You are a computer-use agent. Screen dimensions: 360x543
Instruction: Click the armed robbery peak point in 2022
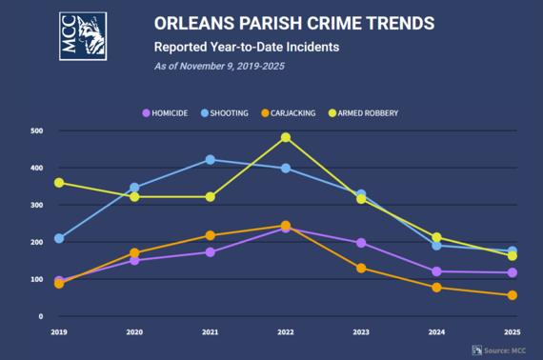[285, 137]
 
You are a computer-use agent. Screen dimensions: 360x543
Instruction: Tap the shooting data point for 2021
[210, 160]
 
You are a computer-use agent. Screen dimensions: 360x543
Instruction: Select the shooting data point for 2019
[59, 238]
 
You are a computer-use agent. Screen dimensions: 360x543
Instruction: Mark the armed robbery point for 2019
[59, 183]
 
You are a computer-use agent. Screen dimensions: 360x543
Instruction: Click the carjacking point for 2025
[513, 295]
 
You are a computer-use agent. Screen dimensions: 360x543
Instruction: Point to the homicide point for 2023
[360, 243]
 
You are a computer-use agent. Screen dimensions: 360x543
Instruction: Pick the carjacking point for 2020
[134, 253]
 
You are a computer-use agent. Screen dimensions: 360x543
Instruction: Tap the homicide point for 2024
[436, 271]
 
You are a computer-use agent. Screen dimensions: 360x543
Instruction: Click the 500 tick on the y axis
[36, 130]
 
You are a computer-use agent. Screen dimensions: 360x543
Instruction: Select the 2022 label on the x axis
[285, 332]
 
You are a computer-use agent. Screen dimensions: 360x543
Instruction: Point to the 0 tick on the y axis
[41, 316]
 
